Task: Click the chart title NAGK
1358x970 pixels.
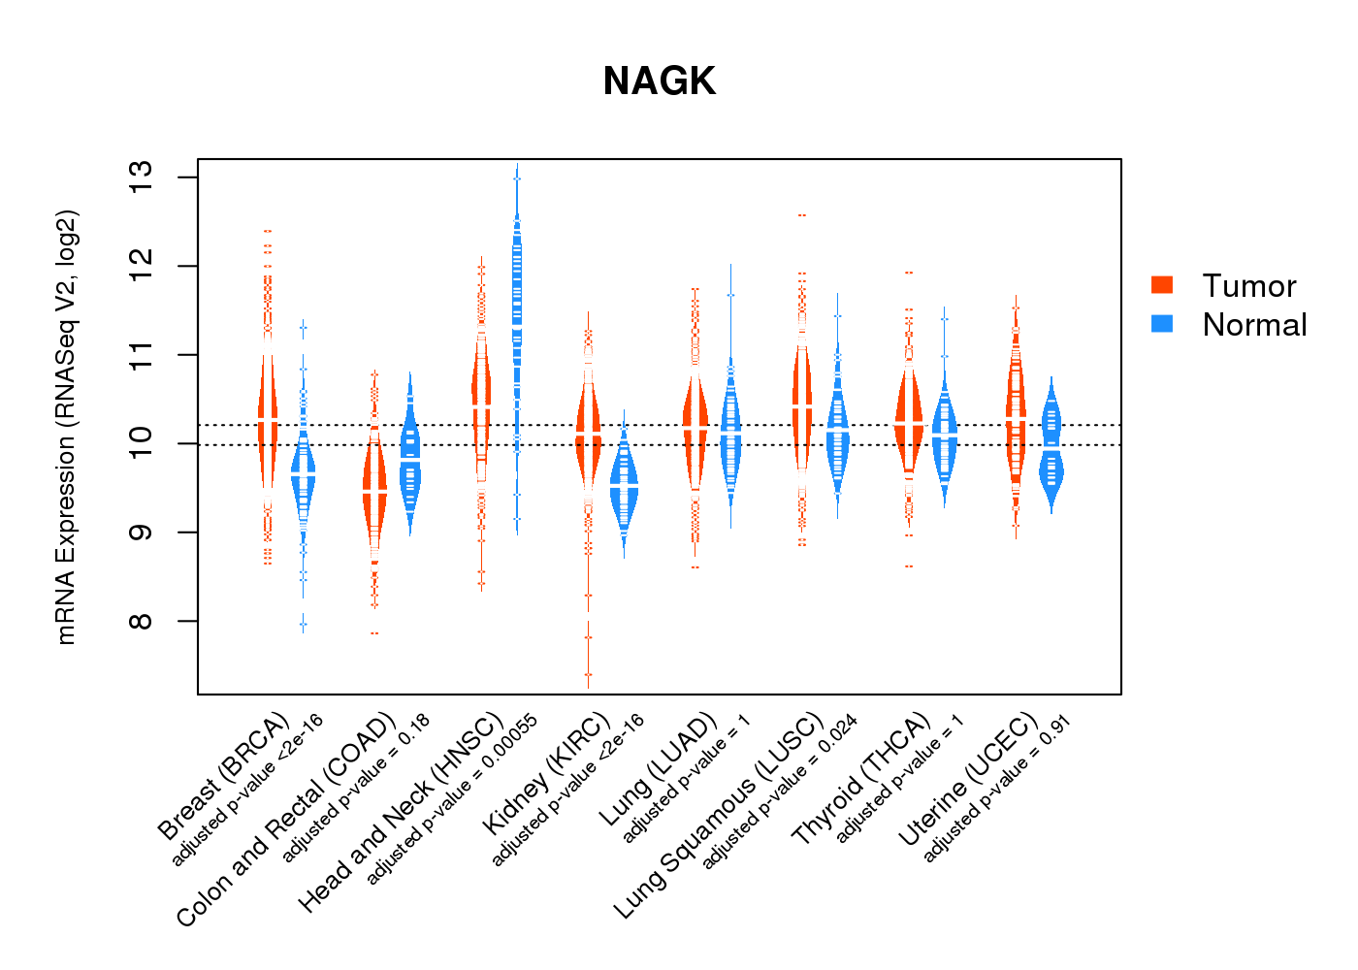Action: (659, 81)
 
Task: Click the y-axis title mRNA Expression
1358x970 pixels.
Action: (66, 427)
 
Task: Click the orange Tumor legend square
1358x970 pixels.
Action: (1162, 284)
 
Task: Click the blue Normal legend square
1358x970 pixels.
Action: (1162, 324)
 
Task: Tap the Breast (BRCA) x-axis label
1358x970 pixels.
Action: (224, 775)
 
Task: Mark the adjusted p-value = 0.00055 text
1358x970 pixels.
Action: (451, 801)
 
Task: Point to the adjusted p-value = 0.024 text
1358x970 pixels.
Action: (780, 792)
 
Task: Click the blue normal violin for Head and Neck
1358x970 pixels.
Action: (517, 320)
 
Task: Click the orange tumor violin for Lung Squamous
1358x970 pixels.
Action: (802, 407)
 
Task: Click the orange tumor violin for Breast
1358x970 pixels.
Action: (268, 417)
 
